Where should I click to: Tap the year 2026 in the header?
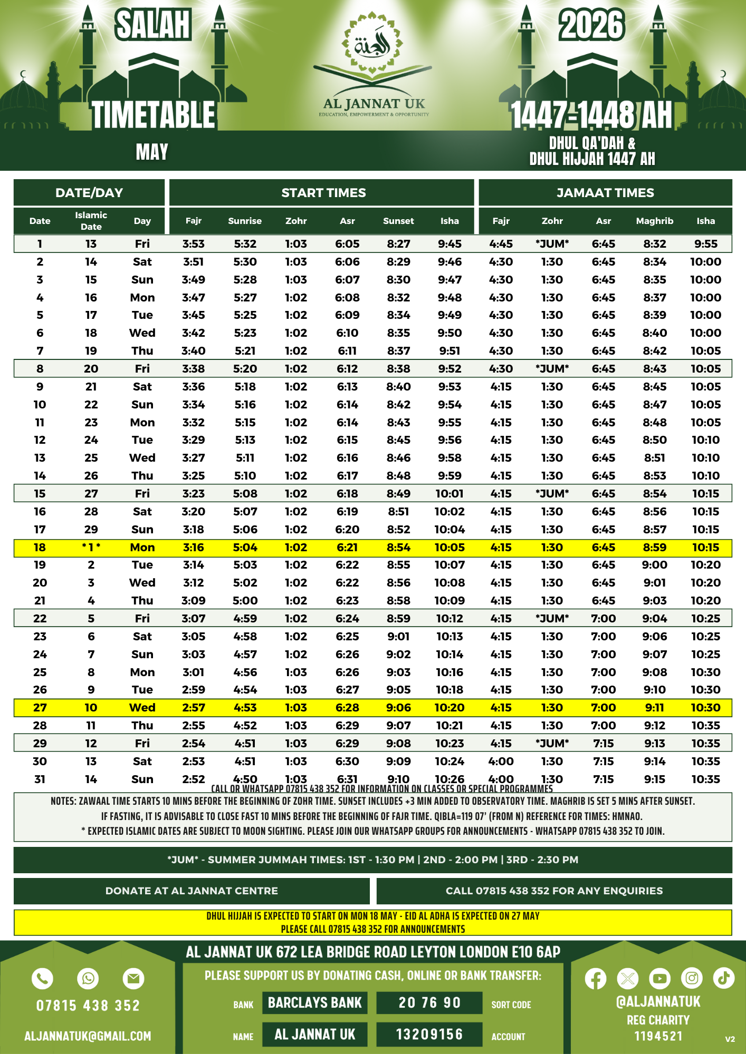pos(591,25)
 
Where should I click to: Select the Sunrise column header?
pos(245,221)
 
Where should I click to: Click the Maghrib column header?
pos(654,221)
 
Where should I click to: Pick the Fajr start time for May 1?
pos(194,244)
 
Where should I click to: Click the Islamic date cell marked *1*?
pos(91,548)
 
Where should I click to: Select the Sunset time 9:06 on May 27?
pos(398,708)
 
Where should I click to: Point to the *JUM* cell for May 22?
pos(552,619)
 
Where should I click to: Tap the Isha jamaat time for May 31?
pos(705,779)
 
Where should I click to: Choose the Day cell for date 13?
pos(142,458)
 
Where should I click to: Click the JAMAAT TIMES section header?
pos(605,193)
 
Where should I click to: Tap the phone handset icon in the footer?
pos(43,979)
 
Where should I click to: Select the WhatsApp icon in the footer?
pos(88,979)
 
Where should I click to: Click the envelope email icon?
pos(133,979)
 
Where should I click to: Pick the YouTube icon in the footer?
pos(659,979)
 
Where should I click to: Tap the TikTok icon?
pos(724,978)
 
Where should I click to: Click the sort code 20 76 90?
pos(429,1003)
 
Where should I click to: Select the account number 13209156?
pos(429,1035)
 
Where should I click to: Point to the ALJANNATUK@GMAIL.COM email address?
pos(88,1036)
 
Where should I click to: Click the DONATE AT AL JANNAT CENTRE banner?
pos(192,891)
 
